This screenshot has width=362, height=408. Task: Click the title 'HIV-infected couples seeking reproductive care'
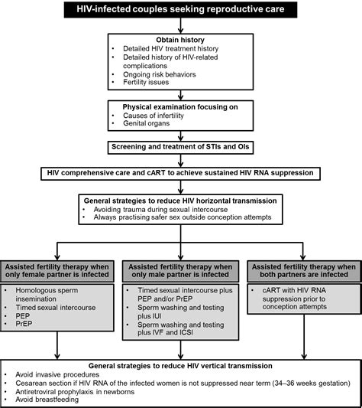click(180, 10)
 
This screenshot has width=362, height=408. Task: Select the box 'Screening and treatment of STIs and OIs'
click(180, 145)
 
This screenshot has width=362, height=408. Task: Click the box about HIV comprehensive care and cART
click(180, 173)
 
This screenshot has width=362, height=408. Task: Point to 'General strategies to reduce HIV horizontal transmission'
click(180, 200)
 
